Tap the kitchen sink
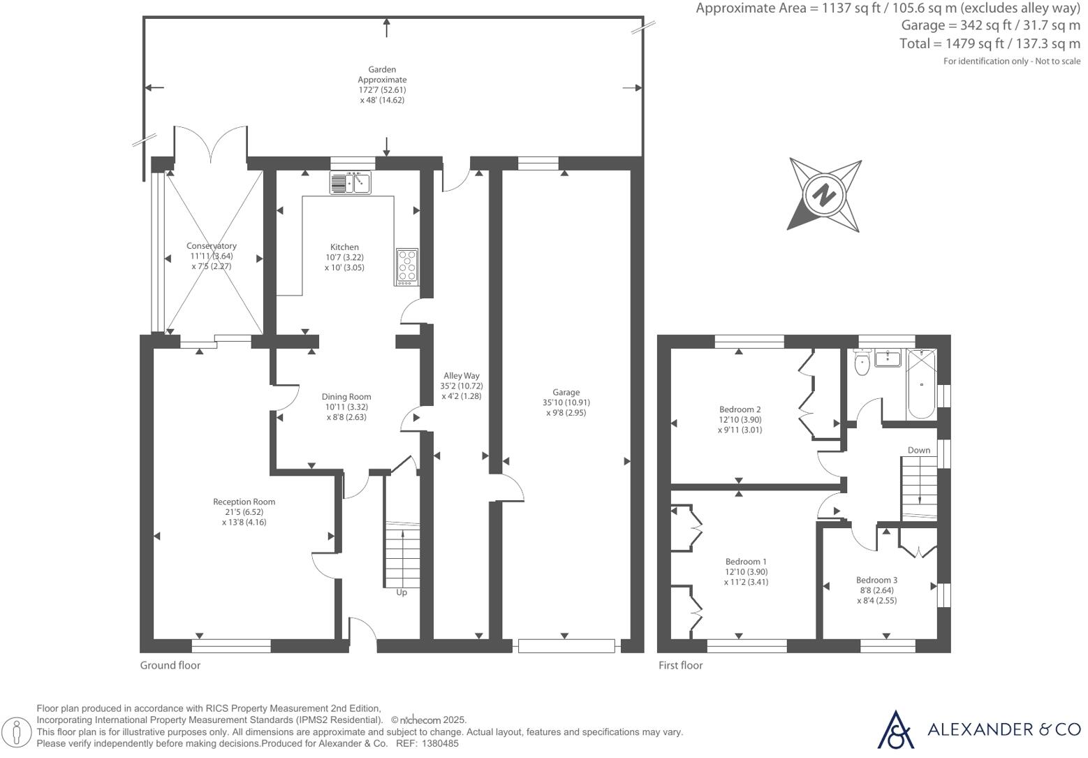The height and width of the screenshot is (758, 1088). coord(351,183)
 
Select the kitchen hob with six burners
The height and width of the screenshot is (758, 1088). coord(406,266)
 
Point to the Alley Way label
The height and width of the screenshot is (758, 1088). coord(462,376)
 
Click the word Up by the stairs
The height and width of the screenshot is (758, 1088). coord(402,592)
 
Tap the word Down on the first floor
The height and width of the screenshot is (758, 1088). coord(919,450)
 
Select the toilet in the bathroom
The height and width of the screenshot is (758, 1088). coord(862,363)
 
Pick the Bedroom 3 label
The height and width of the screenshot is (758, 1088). coord(876,580)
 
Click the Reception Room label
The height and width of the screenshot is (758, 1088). coord(244,502)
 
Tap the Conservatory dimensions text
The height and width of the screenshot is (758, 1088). coord(212,261)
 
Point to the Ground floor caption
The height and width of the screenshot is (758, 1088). coord(170,665)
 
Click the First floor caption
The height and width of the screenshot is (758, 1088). coord(680,665)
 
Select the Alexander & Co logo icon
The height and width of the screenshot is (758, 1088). coord(895,729)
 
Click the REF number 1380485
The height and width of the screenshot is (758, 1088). coord(441,744)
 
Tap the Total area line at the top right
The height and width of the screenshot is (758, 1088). coord(990,43)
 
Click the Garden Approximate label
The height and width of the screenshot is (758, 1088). coord(382,75)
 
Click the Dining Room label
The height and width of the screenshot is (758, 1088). coord(346,397)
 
